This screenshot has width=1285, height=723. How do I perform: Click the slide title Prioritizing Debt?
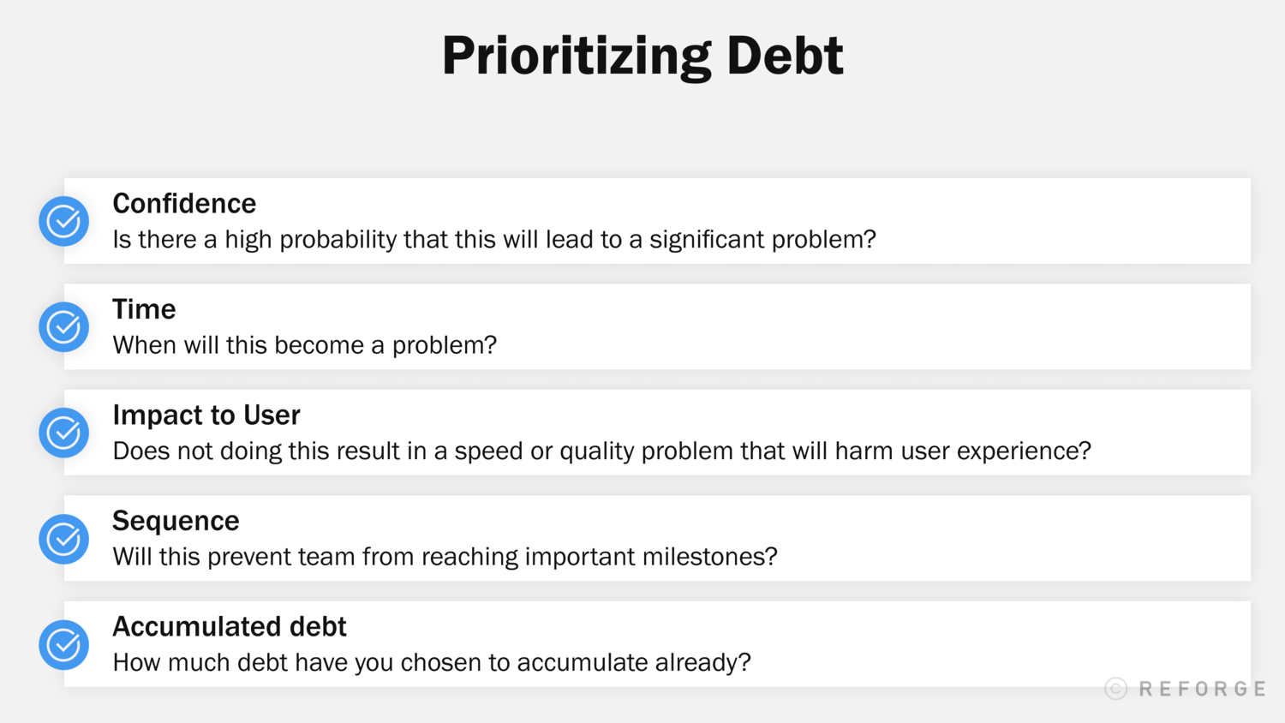(642, 57)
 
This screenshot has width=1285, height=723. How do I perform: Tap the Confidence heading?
(184, 204)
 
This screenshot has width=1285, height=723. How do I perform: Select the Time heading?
(144, 309)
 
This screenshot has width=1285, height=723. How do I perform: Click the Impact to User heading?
(206, 415)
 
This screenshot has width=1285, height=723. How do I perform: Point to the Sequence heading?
(176, 521)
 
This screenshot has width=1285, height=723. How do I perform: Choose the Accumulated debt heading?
(230, 627)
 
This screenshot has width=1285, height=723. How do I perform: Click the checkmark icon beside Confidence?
(64, 221)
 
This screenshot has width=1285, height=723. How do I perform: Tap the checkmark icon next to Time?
(64, 326)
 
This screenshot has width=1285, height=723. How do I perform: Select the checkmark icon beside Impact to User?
(64, 433)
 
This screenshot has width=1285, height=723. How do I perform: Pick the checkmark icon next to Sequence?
(64, 539)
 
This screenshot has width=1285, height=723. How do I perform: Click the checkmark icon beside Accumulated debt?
(64, 644)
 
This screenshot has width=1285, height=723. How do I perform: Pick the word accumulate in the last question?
(583, 663)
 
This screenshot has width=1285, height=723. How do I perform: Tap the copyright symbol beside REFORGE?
(1115, 689)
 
